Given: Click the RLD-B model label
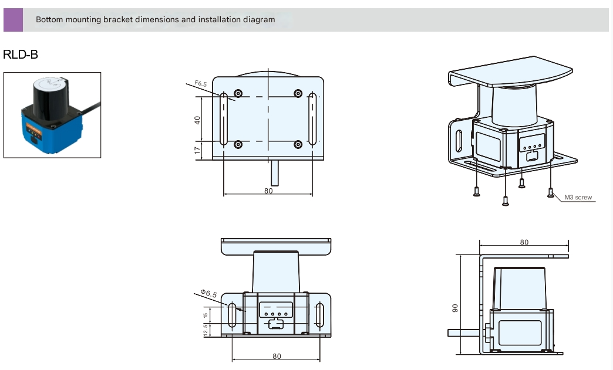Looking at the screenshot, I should pos(21,55).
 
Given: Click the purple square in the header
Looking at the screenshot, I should pos(13,19).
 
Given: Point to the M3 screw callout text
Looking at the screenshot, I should pos(578,198).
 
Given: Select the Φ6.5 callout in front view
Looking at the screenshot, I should pos(208,293).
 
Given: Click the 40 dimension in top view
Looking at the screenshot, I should pos(198,119).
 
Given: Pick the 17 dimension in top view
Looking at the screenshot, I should pos(198,150).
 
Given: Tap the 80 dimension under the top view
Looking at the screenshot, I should pos(268,191).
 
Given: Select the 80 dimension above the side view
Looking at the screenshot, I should pos(524,242).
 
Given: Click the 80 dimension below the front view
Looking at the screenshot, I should pos(277,356).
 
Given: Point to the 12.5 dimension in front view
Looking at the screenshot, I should pos(206,331).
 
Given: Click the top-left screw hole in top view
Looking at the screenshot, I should pos(238,94).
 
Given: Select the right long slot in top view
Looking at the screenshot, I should pos(312,118).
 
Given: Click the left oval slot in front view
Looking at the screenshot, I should pos(232,315).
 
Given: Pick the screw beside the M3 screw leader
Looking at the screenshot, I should pos(550,192).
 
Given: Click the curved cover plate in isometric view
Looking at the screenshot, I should pos(511,70).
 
